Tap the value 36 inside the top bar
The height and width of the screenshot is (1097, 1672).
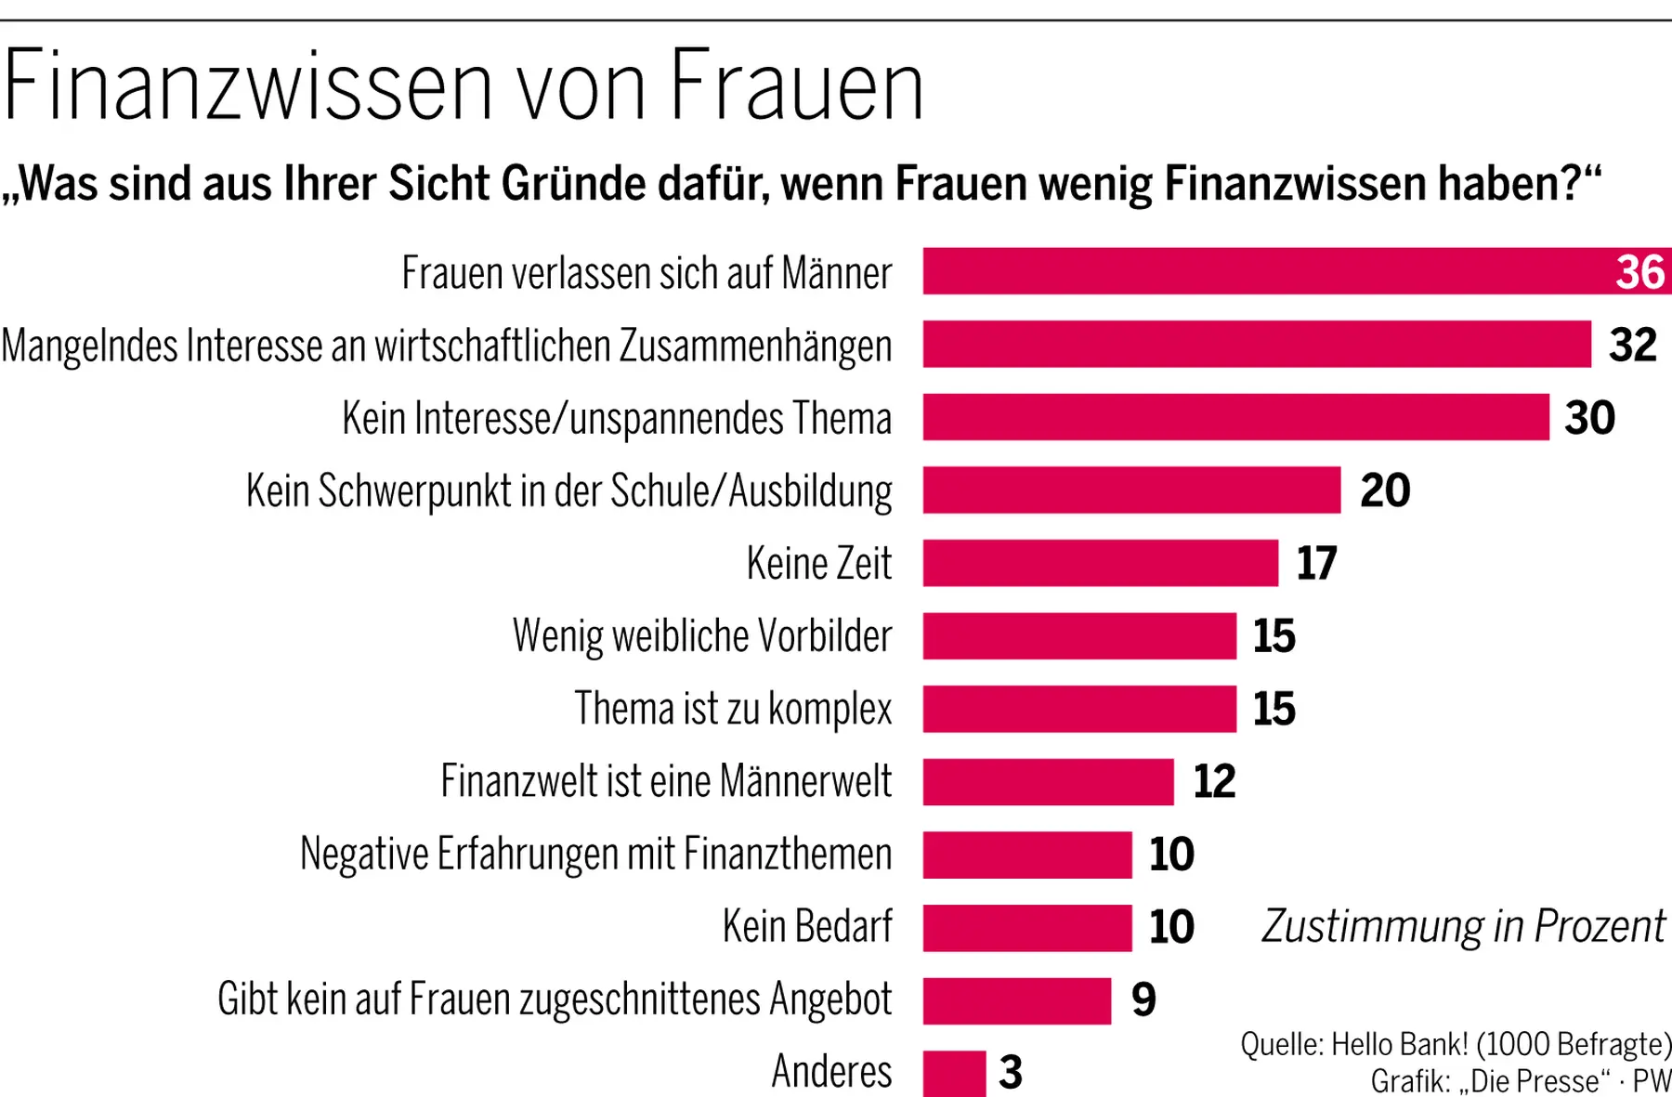coord(1639,272)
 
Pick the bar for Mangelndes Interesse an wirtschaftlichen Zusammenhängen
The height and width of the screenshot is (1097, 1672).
coord(1256,344)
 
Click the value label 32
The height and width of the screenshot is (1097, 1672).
coord(1632,345)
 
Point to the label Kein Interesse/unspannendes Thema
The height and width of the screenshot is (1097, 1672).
coord(617,418)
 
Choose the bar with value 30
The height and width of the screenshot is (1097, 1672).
coord(1235,417)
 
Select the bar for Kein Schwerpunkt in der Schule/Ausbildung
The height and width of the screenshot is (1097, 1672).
coord(1131,490)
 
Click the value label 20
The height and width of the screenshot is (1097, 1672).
coord(1384,490)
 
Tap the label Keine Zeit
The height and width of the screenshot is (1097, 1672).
coord(818,563)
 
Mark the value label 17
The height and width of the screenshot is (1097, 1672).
coord(1316,563)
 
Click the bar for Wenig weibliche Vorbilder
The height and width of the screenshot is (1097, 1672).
coord(1079,635)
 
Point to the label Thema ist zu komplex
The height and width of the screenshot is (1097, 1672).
coord(732,709)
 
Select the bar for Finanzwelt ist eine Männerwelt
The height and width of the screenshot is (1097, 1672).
coord(1048,781)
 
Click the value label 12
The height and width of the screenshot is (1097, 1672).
coord(1214,781)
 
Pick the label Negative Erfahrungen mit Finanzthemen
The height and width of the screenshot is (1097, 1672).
coord(595,854)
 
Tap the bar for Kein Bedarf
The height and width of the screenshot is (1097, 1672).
coord(1027,927)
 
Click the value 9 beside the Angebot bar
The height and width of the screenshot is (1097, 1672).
coord(1143,999)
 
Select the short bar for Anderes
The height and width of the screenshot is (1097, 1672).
coord(954,1073)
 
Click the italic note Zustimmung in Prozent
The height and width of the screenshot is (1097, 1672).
coord(1463,926)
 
